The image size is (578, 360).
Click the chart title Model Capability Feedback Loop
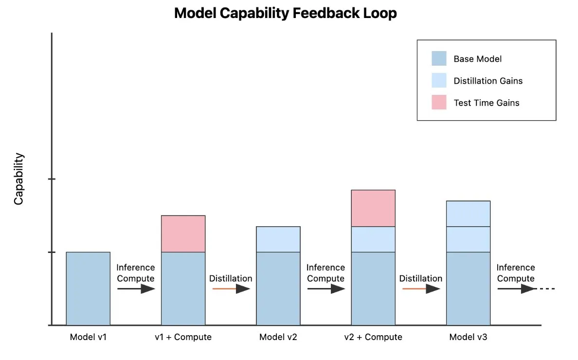285,13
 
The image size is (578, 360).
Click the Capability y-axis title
18,179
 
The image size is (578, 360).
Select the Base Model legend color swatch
438,58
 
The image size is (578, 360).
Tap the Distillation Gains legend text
488,81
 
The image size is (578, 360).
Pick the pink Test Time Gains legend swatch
438,102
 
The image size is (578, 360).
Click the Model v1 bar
88,288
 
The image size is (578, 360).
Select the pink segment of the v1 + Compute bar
183,234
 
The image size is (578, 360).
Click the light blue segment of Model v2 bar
278,239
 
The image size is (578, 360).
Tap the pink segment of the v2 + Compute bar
373,208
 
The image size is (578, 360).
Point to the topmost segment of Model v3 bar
468,213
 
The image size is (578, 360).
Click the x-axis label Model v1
88,337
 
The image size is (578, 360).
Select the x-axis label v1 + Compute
183,337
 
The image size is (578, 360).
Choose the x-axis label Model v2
278,337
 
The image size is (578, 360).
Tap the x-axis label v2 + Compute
373,337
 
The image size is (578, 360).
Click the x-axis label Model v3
468,337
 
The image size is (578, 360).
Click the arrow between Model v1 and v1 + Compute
136,288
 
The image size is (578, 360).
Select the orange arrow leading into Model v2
231,288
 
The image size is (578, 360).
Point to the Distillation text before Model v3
420,278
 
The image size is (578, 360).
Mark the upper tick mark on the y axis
52,179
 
